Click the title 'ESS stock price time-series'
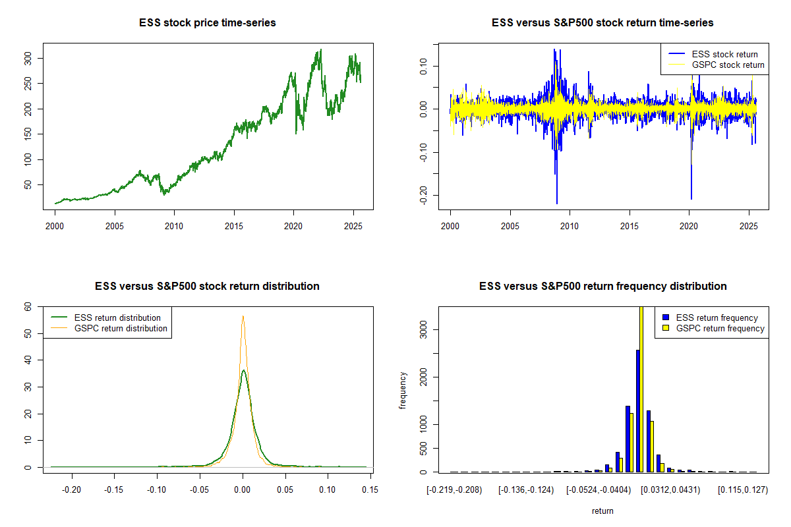tap(208, 23)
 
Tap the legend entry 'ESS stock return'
tap(724, 54)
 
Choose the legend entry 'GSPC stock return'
tap(728, 65)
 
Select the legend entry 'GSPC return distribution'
tap(121, 328)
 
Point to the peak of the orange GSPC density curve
tap(243, 316)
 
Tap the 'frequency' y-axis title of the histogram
tap(403, 390)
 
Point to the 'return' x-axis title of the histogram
tap(602, 511)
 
